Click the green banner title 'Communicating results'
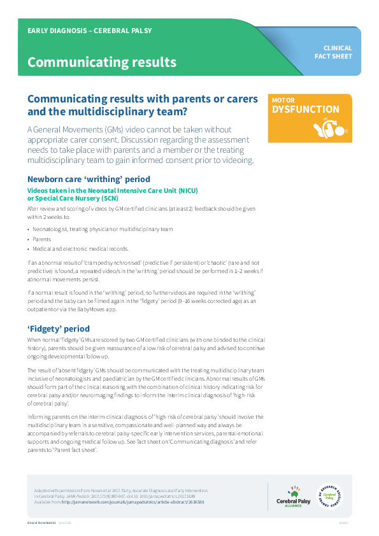[x=101, y=62]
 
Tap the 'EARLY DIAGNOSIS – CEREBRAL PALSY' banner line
[x=89, y=31]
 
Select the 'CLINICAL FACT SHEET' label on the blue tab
[x=338, y=52]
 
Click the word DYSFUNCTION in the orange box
[x=305, y=109]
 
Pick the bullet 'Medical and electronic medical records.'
[x=80, y=249]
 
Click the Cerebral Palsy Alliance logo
[x=293, y=496]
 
